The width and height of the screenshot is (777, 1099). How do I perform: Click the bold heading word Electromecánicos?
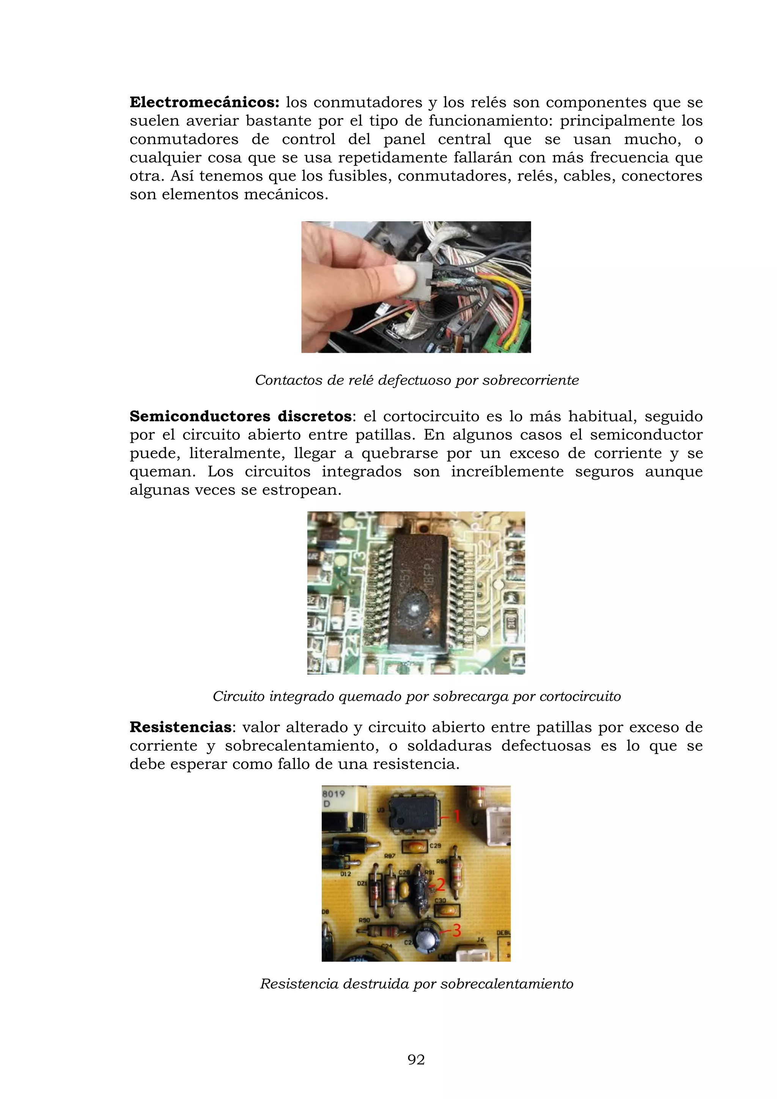click(204, 102)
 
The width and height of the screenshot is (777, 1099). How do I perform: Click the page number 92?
click(416, 1060)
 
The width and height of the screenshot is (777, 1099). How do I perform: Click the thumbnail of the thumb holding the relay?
click(403, 276)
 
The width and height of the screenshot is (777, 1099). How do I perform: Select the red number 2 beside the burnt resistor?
click(440, 885)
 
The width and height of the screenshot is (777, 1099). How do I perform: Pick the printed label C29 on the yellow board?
click(435, 846)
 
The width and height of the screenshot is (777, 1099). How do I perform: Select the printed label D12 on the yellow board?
click(346, 874)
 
